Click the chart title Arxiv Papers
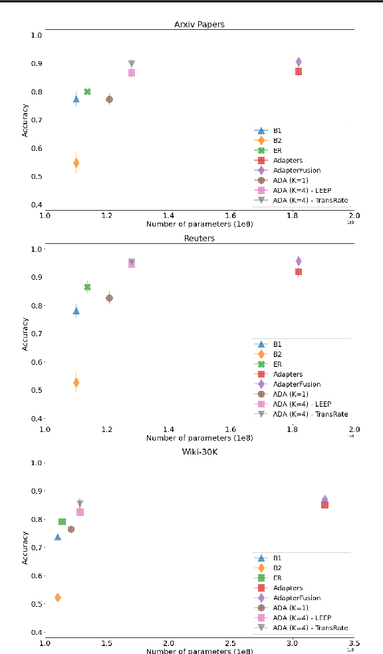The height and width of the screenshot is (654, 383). (x=199, y=25)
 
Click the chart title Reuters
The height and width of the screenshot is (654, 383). (x=199, y=239)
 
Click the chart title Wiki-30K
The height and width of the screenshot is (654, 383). (x=199, y=453)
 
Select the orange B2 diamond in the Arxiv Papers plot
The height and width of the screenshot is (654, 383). (x=76, y=163)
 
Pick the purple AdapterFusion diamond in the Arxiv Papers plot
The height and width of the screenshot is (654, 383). (x=299, y=62)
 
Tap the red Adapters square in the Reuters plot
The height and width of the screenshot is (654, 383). (x=299, y=272)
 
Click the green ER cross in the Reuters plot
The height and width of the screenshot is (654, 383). (x=87, y=287)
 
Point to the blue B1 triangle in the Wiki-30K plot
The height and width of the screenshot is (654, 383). (x=58, y=537)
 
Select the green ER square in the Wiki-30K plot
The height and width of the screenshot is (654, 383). (x=62, y=522)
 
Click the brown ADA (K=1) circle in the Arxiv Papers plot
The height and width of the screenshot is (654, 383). (x=109, y=99)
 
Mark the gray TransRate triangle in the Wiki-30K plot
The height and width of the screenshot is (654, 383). (x=80, y=503)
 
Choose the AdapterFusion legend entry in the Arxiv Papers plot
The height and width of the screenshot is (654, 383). (x=297, y=170)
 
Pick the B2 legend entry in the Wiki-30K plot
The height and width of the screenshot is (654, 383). (x=277, y=568)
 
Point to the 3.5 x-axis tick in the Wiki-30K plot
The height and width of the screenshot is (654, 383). (x=354, y=643)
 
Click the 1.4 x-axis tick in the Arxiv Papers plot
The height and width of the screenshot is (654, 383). (x=168, y=215)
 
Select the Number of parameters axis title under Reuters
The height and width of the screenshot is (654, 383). (x=199, y=438)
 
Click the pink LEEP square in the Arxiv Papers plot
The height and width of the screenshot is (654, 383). (x=132, y=72)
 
